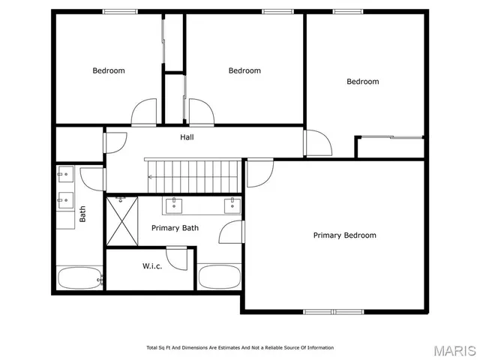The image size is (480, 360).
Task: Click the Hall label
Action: point(187,137)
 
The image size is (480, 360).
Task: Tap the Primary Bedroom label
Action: point(344,235)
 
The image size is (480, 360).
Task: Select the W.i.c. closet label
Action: point(152,266)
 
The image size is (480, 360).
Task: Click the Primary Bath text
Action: point(175,227)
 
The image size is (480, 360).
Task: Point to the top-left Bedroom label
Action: point(109,70)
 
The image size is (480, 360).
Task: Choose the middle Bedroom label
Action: point(244,70)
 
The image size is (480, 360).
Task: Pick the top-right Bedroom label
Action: point(362,82)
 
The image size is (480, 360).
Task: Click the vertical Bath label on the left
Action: point(83,214)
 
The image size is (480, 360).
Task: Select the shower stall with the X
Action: point(121,220)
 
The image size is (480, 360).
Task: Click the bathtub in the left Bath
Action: point(79,278)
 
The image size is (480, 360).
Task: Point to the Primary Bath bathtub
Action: point(218,277)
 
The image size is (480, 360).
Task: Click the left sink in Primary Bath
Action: point(175,205)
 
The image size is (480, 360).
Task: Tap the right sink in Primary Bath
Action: point(232,205)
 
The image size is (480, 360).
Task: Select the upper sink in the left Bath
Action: point(64,175)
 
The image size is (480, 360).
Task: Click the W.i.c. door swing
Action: point(177,259)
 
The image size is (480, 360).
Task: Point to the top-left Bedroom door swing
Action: point(144,114)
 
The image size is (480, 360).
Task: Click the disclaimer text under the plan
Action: point(240,347)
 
